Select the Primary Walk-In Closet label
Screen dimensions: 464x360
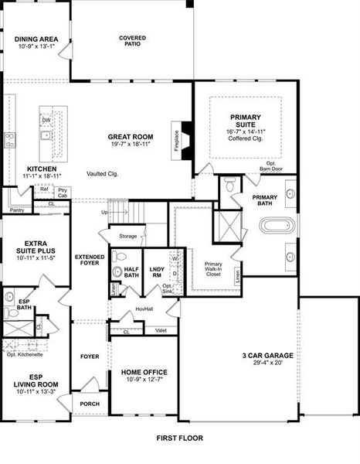point(212,269)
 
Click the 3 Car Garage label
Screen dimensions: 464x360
point(268,356)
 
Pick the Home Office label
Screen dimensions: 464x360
point(144,372)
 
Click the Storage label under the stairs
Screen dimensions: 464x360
point(128,236)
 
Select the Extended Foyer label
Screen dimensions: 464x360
point(90,260)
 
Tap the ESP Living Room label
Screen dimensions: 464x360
point(32,384)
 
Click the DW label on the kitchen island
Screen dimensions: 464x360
point(46,120)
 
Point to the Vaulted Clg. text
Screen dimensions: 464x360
point(102,174)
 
